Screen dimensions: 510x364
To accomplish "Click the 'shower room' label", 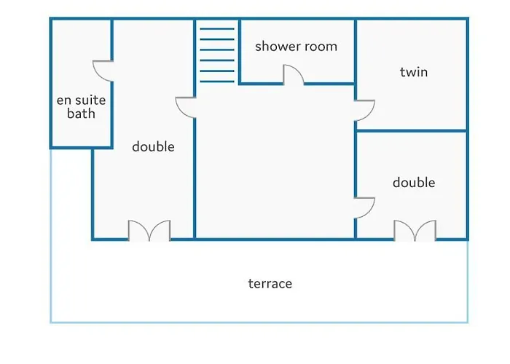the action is [296, 47].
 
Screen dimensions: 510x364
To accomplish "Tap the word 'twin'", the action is [414, 72].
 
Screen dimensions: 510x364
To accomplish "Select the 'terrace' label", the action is [270, 283].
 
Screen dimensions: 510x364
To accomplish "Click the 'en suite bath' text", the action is [81, 106].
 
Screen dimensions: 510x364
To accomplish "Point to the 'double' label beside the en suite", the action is [153, 146].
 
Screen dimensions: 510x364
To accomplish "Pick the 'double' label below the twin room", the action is [414, 182].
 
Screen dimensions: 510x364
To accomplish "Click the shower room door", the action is [294, 75].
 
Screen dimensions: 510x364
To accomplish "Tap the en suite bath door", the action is [103, 71].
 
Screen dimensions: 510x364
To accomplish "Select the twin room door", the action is [364, 111].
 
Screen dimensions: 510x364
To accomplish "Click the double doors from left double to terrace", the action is [149, 231].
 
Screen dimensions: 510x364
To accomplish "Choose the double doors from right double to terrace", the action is [415, 231].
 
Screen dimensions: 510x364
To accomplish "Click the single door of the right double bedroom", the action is [364, 208].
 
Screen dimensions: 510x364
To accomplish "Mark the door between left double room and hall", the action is [186, 107].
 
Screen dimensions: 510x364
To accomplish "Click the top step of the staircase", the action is [217, 29].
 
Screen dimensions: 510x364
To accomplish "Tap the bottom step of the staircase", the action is [217, 82].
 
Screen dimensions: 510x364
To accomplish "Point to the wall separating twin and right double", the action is [412, 131].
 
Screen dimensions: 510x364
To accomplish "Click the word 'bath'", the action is [81, 114].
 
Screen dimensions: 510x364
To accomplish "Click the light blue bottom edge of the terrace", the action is [259, 323].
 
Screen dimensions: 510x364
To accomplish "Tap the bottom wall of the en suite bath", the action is [82, 148].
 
